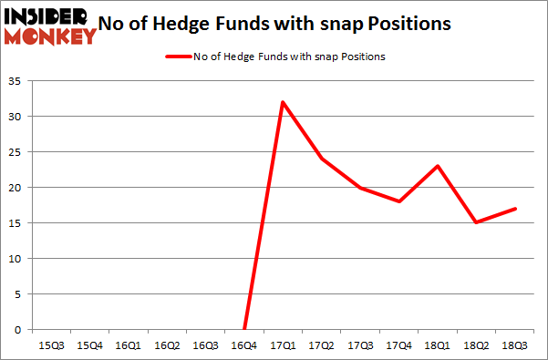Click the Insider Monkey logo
pos(50,26)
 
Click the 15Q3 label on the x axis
pos(50,346)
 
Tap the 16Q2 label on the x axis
pos(167,346)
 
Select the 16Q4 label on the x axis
pos(244,346)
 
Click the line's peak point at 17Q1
pos(284,102)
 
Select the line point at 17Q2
pos(323,159)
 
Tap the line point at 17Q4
pos(400,201)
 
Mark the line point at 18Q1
pos(439,166)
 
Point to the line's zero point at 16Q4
pos(244,329)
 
